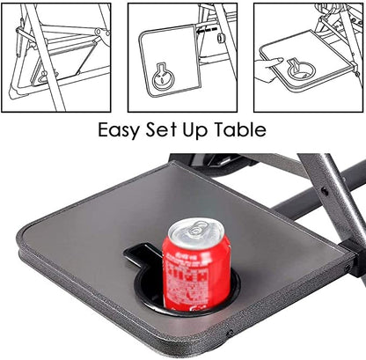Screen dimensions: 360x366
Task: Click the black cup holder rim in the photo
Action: [233, 290]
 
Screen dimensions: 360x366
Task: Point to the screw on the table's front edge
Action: [230, 334]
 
